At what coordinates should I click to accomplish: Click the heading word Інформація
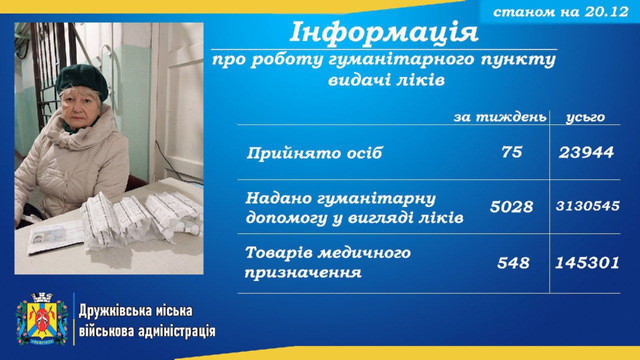pyautogui.click(x=384, y=32)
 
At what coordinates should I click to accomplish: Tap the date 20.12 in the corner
pyautogui.click(x=606, y=11)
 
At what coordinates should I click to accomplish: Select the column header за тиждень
pyautogui.click(x=500, y=118)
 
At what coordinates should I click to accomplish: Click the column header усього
pyautogui.click(x=585, y=118)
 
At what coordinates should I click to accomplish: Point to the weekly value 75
pyautogui.click(x=512, y=152)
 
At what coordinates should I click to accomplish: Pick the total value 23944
pyautogui.click(x=586, y=152)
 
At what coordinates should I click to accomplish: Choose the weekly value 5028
pyautogui.click(x=512, y=206)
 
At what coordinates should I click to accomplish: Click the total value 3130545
pyautogui.click(x=588, y=206)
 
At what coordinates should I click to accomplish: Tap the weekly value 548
pyautogui.click(x=513, y=262)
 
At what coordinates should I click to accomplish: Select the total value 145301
pyautogui.click(x=587, y=262)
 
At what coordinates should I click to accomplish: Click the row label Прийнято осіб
pyautogui.click(x=314, y=153)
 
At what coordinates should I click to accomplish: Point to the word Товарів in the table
pyautogui.click(x=279, y=253)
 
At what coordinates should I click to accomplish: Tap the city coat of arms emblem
pyautogui.click(x=41, y=319)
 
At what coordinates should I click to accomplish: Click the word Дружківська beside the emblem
pyautogui.click(x=115, y=311)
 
